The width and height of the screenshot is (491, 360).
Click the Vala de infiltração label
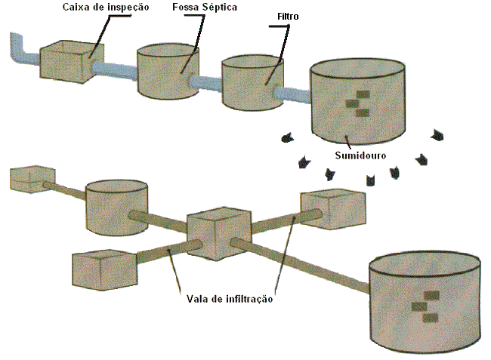(229, 298)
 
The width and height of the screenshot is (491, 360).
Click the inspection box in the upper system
(65, 63)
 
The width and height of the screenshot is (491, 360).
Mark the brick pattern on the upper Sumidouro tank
(358, 103)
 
